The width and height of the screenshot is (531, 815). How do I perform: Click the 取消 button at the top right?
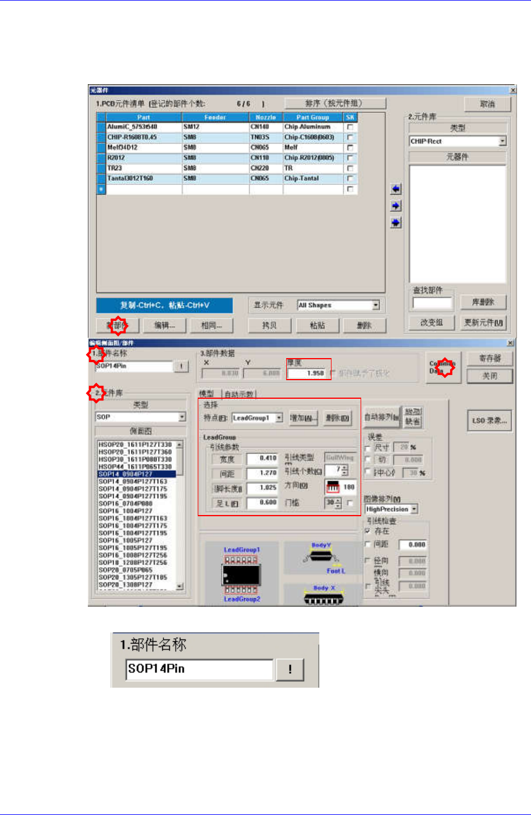(487, 104)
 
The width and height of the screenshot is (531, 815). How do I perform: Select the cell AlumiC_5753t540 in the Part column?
(143, 127)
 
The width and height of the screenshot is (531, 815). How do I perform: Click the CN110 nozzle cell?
(266, 158)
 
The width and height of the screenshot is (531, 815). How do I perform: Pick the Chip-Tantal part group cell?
(313, 178)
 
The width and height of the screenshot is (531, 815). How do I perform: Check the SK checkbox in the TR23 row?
(350, 169)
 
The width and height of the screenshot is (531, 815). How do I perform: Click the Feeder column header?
(215, 117)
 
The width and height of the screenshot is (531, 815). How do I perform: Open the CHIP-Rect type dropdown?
(503, 141)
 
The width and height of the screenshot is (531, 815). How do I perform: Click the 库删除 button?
(483, 302)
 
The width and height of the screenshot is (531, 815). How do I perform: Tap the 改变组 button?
(432, 323)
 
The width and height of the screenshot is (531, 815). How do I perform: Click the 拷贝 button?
(269, 326)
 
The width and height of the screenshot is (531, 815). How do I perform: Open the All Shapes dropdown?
(376, 305)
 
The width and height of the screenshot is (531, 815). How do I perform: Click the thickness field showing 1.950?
(308, 373)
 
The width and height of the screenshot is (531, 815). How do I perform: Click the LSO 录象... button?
(489, 421)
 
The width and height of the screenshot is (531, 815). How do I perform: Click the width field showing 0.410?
(262, 458)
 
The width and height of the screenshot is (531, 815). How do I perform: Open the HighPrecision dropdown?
(414, 509)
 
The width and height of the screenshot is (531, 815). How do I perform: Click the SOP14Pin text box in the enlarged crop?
(199, 669)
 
